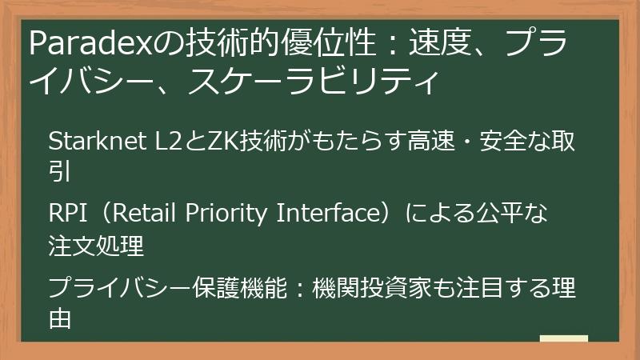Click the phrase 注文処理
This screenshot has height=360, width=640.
point(96,246)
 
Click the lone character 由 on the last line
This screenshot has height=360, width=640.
point(60,318)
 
